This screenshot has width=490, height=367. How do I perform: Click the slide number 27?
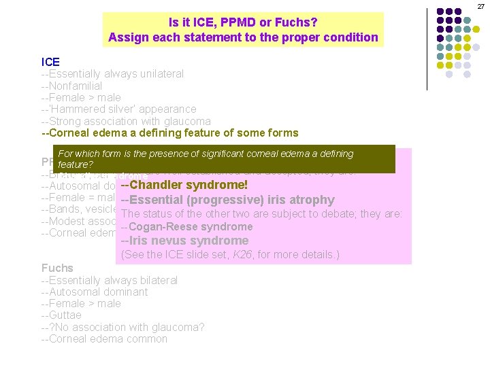pos(480,6)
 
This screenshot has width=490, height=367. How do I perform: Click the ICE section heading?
pos(50,62)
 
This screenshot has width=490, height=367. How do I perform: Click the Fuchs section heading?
pos(57,268)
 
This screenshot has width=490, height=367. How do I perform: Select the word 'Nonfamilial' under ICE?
pos(73,86)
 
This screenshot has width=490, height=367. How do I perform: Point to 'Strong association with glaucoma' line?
pos(126,121)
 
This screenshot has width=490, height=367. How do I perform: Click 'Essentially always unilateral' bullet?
pos(112,73)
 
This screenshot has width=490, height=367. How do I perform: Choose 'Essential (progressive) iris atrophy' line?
pos(227,200)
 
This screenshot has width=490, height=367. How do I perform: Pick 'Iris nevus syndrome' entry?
pos(184,241)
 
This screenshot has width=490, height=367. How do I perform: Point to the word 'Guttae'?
pos(63,315)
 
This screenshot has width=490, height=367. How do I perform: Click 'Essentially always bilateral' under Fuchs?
pos(110,280)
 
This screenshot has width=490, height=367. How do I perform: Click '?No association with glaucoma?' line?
pos(123,327)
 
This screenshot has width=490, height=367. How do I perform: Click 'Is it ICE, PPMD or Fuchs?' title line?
pos(243,22)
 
